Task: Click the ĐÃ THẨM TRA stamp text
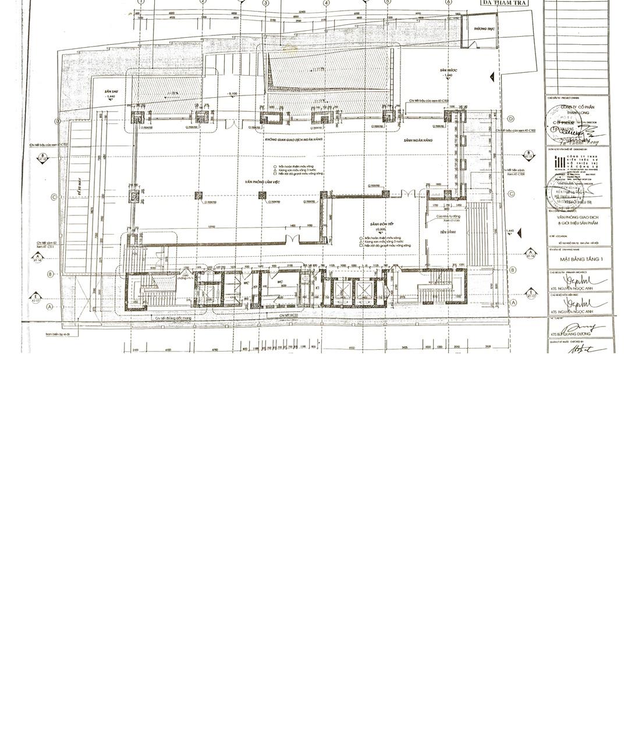tap(505, 3)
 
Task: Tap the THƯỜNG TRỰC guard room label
tap(483, 29)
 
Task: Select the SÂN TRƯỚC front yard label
tap(448, 70)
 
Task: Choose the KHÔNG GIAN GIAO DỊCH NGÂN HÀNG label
tap(294, 140)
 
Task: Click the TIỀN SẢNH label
tap(447, 232)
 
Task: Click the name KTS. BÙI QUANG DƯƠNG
tap(570, 334)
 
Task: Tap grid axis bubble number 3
tap(265, 3)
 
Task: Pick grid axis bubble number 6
tap(449, 2)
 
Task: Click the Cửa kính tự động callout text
tap(448, 217)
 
